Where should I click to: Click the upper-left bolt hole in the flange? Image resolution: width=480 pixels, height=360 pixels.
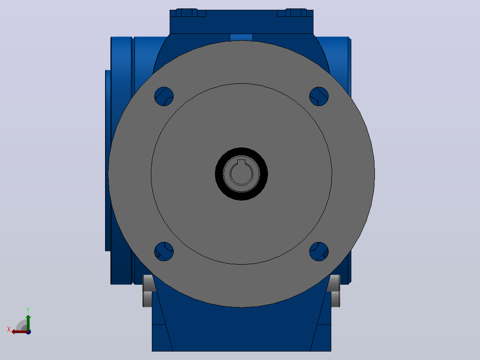[x=164, y=97]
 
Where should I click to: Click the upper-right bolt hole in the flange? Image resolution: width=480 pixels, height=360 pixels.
[x=319, y=97]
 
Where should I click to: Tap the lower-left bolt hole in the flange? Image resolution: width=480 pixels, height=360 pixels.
[x=164, y=252]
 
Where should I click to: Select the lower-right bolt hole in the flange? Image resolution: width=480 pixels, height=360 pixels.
[x=319, y=252]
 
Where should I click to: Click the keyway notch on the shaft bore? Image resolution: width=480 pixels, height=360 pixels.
[x=241, y=162]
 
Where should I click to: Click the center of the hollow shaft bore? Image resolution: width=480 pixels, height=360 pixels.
[x=241, y=174]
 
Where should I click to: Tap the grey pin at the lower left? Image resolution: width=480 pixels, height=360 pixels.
[x=147, y=291]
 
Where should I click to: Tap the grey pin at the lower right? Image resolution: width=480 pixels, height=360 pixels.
[x=335, y=291]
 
